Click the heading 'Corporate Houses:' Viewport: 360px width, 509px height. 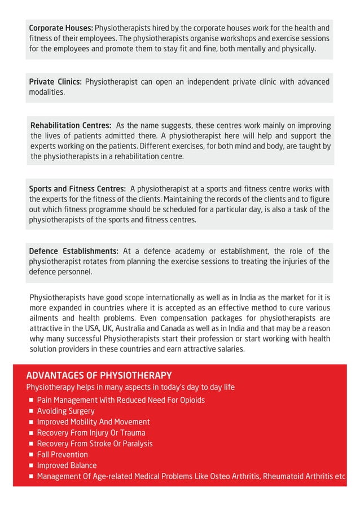click(x=61, y=28)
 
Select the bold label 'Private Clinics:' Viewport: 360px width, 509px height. click(x=55, y=82)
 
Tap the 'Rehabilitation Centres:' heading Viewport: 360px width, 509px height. click(x=71, y=125)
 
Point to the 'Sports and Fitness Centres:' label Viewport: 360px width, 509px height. click(x=77, y=188)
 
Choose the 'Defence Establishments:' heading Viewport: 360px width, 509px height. click(x=73, y=251)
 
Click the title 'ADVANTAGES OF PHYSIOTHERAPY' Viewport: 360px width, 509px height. click(x=99, y=376)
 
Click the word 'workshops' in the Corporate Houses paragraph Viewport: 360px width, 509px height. click(x=219, y=38)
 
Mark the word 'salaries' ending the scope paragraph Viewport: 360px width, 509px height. click(x=229, y=349)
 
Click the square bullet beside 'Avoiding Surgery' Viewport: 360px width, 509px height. click(x=32, y=411)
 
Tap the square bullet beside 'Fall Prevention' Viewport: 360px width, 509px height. click(x=32, y=455)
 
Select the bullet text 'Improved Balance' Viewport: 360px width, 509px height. click(x=67, y=466)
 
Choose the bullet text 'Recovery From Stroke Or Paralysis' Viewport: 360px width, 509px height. click(x=95, y=444)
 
